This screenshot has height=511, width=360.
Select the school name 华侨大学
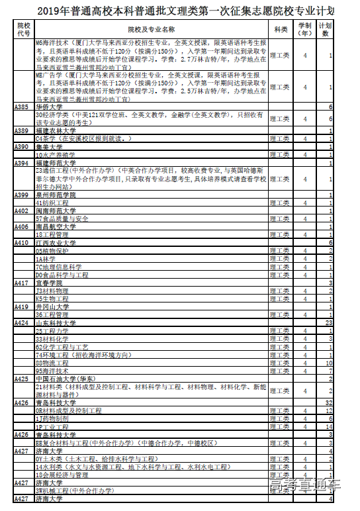pyautogui.click(x=50, y=107)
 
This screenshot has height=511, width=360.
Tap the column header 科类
pyautogui.click(x=281, y=28)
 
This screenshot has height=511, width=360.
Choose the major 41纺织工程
pyautogui.click(x=52, y=203)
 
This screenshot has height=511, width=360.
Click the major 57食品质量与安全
pyautogui.click(x=62, y=218)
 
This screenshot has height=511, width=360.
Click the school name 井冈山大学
pyautogui.click(x=53, y=306)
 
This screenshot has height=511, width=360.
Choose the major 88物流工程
pyautogui.click(x=52, y=363)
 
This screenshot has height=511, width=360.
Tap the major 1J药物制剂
pyautogui.click(x=52, y=418)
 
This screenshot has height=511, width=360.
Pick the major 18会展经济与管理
pyautogui.click(x=62, y=475)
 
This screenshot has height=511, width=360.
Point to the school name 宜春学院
pyautogui.click(x=50, y=283)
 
